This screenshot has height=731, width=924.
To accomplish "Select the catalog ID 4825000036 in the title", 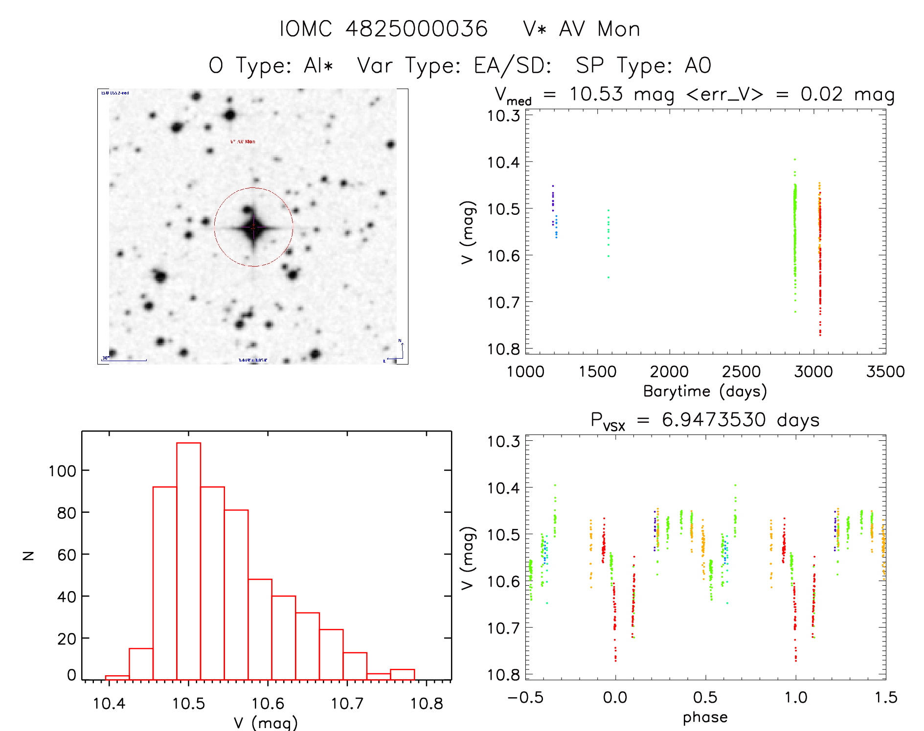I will pyautogui.click(x=416, y=29).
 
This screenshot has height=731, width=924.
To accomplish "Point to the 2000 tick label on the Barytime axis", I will pyautogui.click(x=669, y=371).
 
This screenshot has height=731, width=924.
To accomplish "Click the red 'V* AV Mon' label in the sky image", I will pyautogui.click(x=243, y=142).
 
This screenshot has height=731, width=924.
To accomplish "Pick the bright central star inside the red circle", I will pyautogui.click(x=253, y=227).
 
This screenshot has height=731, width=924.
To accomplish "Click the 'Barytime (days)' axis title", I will pyautogui.click(x=704, y=391).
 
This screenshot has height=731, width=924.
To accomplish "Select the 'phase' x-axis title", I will pyautogui.click(x=705, y=717).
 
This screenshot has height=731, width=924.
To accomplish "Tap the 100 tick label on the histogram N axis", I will pyautogui.click(x=62, y=471).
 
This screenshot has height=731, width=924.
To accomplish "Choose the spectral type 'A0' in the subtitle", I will pyautogui.click(x=698, y=66).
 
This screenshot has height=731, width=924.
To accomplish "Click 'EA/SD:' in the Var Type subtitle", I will pyautogui.click(x=512, y=66).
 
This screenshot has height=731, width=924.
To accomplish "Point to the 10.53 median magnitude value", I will pyautogui.click(x=596, y=94).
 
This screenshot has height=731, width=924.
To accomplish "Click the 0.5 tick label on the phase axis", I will pyautogui.click(x=705, y=697).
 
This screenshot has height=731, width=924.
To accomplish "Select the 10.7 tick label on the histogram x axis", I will pyautogui.click(x=347, y=704).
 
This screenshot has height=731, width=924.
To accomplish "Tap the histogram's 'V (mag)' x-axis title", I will pyautogui.click(x=265, y=723).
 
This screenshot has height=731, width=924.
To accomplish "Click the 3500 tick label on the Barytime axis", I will pyautogui.click(x=885, y=371).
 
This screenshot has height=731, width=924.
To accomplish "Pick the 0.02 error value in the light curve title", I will pyautogui.click(x=821, y=94).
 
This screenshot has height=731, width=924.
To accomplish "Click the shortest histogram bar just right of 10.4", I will pyautogui.click(x=117, y=678).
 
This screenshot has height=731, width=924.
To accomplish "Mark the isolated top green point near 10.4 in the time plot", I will pyautogui.click(x=795, y=160).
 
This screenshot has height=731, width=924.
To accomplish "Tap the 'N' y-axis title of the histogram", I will pyautogui.click(x=29, y=555).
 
